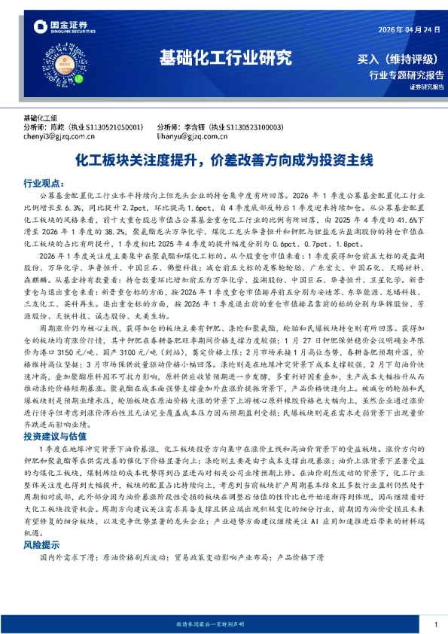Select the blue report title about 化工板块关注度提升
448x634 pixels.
coord(223,160)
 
